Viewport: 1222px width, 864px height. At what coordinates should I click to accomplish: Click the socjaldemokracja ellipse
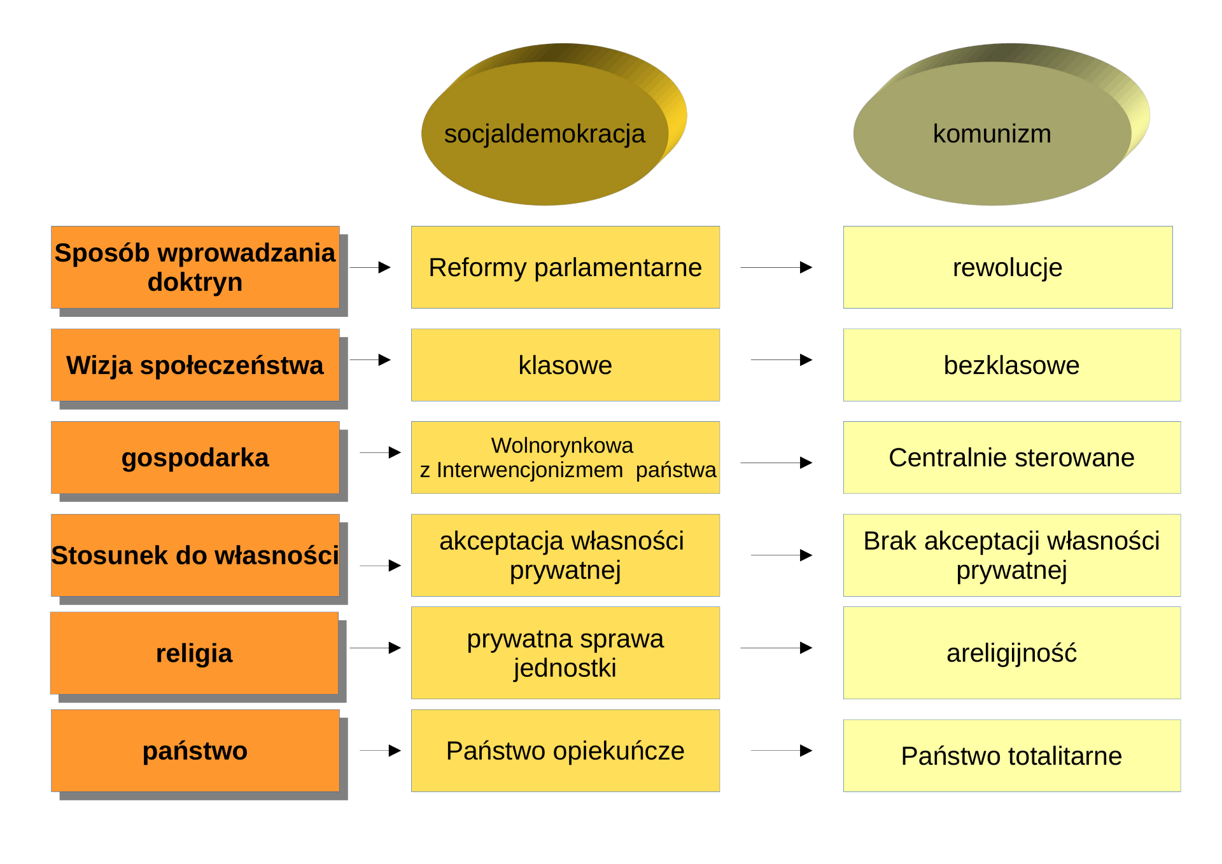pyautogui.click(x=545, y=134)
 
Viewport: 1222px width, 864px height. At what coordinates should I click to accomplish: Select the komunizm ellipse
pyautogui.click(x=992, y=134)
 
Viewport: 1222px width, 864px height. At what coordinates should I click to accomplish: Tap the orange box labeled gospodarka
pyautogui.click(x=195, y=457)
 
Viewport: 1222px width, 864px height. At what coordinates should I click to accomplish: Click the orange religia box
pyautogui.click(x=195, y=653)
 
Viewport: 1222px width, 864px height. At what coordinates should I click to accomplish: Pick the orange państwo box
pyautogui.click(x=195, y=751)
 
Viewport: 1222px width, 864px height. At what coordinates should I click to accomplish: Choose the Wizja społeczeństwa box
pyautogui.click(x=195, y=365)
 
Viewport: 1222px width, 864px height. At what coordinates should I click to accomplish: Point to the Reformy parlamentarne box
pyautogui.click(x=565, y=267)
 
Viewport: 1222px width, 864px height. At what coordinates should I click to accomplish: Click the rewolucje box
pyautogui.click(x=1008, y=267)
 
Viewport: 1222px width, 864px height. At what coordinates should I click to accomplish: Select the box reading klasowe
pyautogui.click(x=565, y=365)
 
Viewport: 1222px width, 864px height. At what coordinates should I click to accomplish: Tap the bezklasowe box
pyautogui.click(x=1012, y=365)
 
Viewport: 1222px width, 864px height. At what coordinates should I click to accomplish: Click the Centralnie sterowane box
pyautogui.click(x=1012, y=457)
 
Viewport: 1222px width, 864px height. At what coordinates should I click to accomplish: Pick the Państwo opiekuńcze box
pyautogui.click(x=565, y=751)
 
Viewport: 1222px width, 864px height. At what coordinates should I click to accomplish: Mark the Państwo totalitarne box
pyautogui.click(x=1012, y=756)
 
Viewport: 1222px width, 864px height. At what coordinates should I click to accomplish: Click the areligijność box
pyautogui.click(x=1012, y=653)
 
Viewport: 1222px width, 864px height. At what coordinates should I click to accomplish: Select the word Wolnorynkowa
pyautogui.click(x=562, y=445)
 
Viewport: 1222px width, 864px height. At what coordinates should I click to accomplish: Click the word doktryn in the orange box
pyautogui.click(x=195, y=282)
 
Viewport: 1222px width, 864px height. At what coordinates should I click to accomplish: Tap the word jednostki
pyautogui.click(x=565, y=668)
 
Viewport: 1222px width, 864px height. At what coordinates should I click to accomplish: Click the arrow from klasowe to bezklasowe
pyautogui.click(x=782, y=360)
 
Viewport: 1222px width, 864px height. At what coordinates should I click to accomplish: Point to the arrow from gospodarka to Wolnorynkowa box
pyautogui.click(x=381, y=452)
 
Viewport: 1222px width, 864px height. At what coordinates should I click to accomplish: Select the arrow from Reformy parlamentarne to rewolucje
pyautogui.click(x=776, y=267)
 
